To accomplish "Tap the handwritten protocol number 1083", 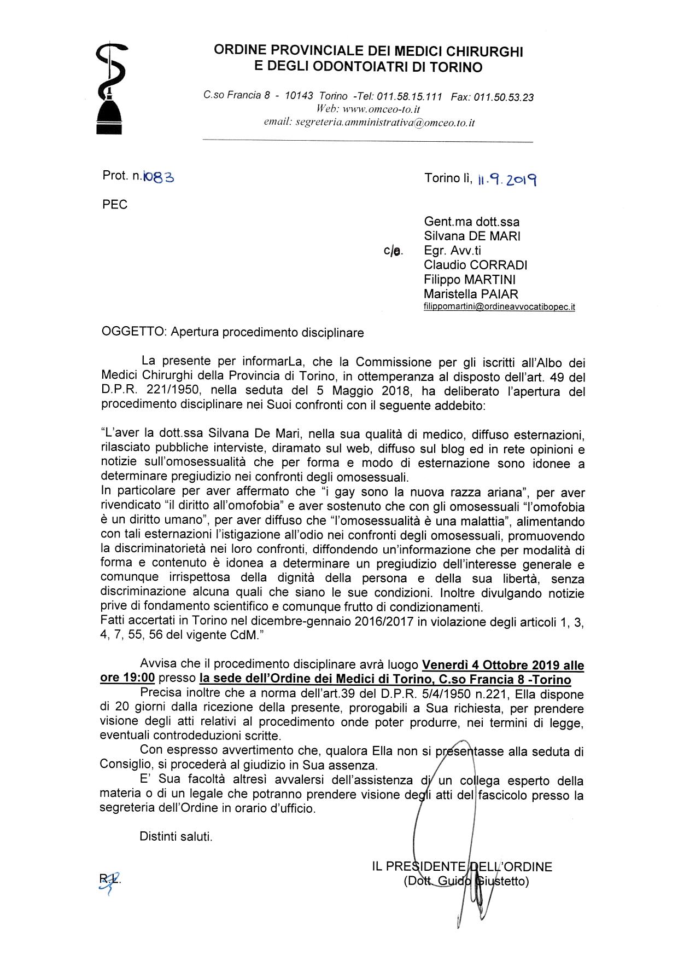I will coord(158,176).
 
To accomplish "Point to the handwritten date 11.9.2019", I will coord(506,178).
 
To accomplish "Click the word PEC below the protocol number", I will coord(115,205).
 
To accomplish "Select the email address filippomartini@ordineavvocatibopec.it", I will coord(499,308).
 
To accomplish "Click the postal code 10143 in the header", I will coord(299,96).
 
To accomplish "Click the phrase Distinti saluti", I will coord(176,836).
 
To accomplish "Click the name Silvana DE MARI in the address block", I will coord(472,236).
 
